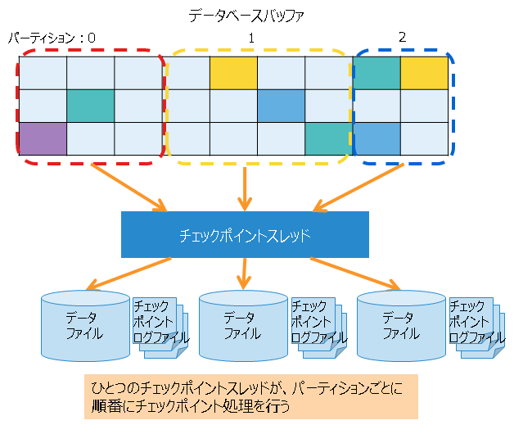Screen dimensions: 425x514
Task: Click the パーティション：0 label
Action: [x=52, y=38]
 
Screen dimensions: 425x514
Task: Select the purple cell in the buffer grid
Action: [x=43, y=137]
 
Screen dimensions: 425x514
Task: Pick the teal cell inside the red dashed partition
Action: [x=90, y=105]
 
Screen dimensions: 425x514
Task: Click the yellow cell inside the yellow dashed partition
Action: [x=233, y=73]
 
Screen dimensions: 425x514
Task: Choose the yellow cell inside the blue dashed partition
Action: [x=425, y=73]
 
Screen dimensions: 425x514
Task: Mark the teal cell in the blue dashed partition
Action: [x=377, y=73]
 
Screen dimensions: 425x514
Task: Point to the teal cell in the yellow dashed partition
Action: [x=328, y=137]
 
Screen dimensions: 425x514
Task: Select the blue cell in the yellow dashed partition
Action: [x=281, y=105]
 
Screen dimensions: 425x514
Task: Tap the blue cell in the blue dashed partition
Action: [x=377, y=137]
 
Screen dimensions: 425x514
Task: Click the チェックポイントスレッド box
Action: [x=245, y=235]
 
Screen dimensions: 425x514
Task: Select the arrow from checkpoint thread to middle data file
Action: [x=245, y=273]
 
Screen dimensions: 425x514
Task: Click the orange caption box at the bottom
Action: [x=250, y=396]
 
